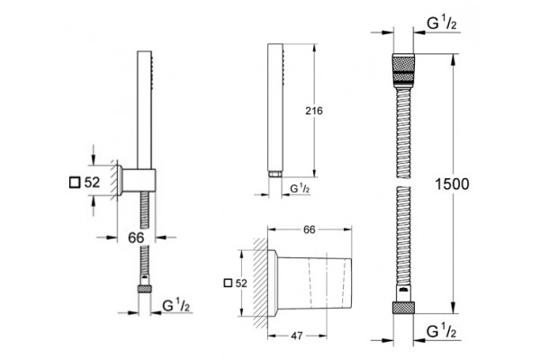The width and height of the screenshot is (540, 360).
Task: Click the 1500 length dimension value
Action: click(x=452, y=184)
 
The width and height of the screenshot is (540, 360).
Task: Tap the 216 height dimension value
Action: click(x=314, y=111)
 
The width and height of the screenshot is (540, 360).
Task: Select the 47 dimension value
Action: click(x=296, y=336)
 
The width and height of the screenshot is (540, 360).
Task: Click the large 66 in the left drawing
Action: click(x=136, y=238)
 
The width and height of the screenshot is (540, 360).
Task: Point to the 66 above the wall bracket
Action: click(x=310, y=229)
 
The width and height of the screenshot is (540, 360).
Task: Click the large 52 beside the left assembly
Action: click(x=92, y=182)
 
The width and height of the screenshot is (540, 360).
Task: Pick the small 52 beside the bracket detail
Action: click(x=241, y=283)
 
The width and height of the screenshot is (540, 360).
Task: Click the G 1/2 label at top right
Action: click(x=442, y=23)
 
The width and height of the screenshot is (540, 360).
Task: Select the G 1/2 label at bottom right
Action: click(x=442, y=331)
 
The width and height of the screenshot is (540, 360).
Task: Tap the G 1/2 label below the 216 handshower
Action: click(x=300, y=188)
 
